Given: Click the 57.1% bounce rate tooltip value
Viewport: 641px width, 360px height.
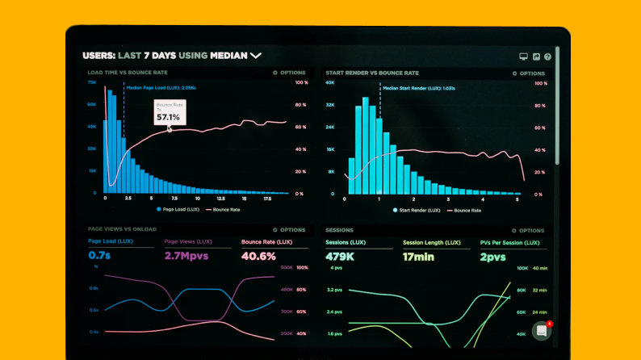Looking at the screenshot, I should coord(168,117).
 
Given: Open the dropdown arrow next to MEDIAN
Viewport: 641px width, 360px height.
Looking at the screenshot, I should coord(256,56).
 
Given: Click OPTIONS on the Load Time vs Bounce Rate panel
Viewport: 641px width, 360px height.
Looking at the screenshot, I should coord(290,73).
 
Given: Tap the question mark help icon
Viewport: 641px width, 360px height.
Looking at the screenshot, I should coord(547,57).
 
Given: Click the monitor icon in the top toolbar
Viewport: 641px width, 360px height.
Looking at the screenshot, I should coord(523,57).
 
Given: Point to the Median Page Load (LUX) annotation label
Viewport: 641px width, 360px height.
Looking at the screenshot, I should coord(161,87).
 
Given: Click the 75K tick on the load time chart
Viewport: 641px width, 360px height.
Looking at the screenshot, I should coord(92,82).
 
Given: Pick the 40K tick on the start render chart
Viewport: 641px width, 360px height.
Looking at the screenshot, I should coord(330,82).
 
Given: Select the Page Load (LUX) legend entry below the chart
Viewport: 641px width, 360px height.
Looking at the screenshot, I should coord(178,209).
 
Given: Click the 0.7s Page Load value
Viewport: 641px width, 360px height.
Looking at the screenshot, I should coord(99,256).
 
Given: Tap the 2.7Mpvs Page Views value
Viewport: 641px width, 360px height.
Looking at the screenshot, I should coord(186,256).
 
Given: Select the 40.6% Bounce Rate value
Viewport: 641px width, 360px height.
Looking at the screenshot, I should coord(258,256).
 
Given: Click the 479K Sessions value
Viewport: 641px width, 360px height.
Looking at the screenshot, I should coord(341,257).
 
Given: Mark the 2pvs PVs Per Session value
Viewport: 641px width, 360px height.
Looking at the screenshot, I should coord(492,257).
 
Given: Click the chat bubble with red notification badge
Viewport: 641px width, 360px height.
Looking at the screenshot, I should coord(542,331).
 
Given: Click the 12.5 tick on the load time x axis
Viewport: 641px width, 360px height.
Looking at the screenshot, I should coord(220,198).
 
